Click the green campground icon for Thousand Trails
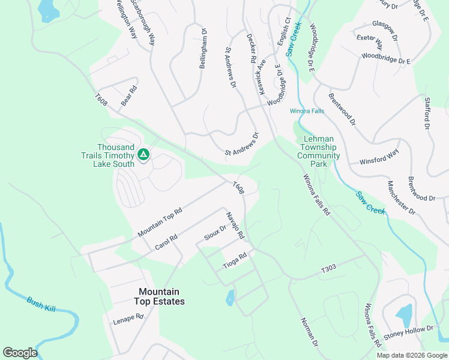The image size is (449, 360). pos(143,155)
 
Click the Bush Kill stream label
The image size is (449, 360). pos(41,304)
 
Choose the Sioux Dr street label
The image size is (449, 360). pos(214,233)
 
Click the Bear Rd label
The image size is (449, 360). pos(129,97)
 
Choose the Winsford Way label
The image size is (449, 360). pos(379,158)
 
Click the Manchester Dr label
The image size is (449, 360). pos(401,197)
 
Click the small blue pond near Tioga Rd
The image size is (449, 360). pos(230,298)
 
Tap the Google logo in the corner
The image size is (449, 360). pos(20,353)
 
